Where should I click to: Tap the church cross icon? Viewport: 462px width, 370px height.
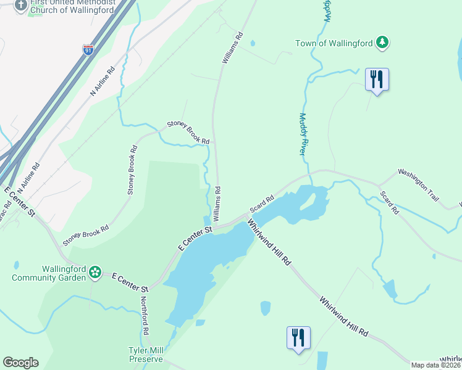click(21, 5)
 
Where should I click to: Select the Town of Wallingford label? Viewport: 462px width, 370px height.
click(334, 43)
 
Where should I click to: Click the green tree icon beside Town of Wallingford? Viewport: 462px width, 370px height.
click(383, 42)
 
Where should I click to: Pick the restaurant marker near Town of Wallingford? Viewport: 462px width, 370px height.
click(377, 80)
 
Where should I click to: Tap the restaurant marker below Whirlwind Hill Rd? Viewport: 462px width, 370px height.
click(298, 338)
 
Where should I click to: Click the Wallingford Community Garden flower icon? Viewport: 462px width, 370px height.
click(94, 271)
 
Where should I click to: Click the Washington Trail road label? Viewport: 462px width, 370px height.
click(418, 185)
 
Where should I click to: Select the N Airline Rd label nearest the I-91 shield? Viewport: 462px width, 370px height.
click(103, 81)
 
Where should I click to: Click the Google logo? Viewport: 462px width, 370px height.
click(20, 363)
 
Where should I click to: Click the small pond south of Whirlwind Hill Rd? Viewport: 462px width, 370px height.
click(265, 307)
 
